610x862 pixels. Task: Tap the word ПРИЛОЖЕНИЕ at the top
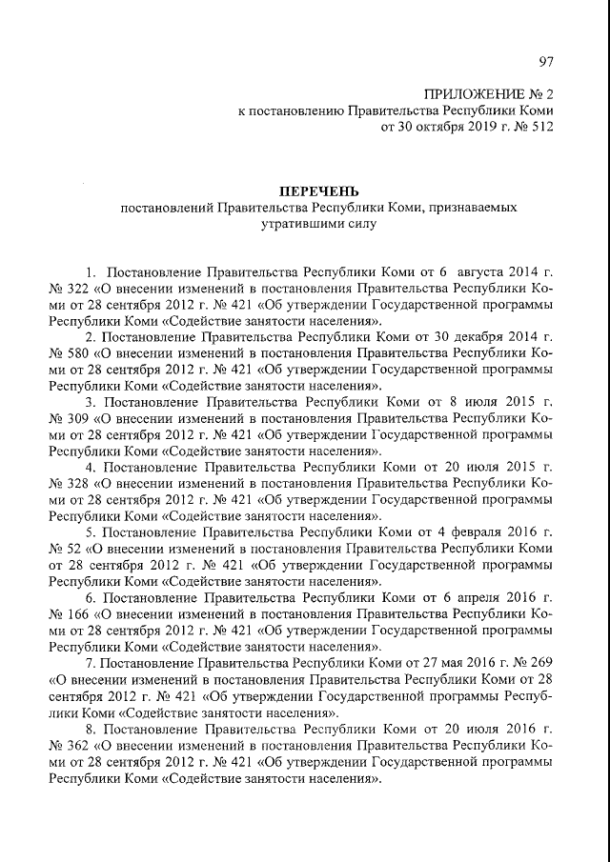pyautogui.click(x=466, y=94)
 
